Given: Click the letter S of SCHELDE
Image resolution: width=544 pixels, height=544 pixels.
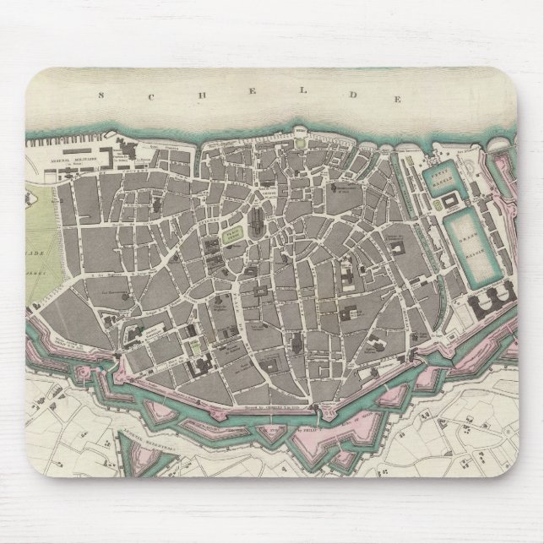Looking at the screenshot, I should click(102, 96).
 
